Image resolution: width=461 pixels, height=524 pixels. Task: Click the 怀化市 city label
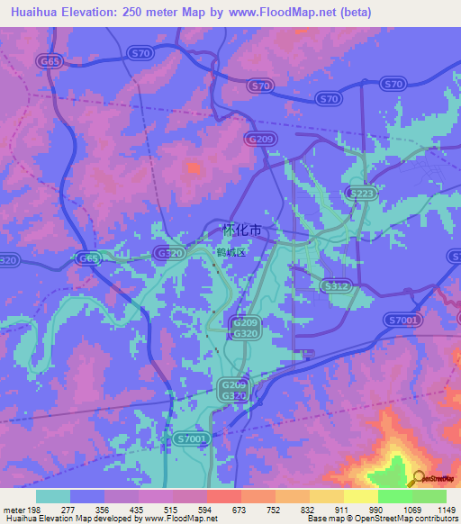pyautogui.click(x=241, y=230)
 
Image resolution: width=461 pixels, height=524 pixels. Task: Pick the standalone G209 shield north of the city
pyautogui.click(x=259, y=139)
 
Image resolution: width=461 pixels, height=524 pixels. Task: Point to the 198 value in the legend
pyautogui.click(x=33, y=510)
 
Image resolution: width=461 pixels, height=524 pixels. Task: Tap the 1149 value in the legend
pyautogui.click(x=436, y=510)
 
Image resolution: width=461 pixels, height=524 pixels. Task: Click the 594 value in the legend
pyautogui.click(x=207, y=510)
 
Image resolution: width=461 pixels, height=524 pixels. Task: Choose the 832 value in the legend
pyautogui.click(x=309, y=510)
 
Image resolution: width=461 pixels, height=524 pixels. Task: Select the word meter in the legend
pyautogui.click(x=12, y=510)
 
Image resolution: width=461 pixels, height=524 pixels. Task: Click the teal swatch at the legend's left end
pyautogui.click(x=53, y=496)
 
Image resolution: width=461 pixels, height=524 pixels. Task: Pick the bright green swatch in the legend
pyautogui.click(x=395, y=496)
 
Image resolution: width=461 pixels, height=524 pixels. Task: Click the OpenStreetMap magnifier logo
pyautogui.click(x=420, y=478)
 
